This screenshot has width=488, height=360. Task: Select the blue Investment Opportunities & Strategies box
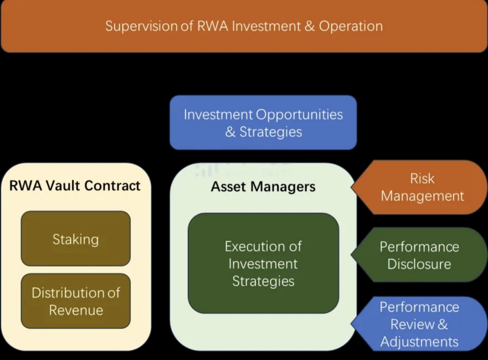coord(263,123)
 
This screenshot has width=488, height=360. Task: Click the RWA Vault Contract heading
coord(75,186)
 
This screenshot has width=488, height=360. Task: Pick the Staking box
coord(76,239)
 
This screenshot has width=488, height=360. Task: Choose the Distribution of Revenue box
coord(76,301)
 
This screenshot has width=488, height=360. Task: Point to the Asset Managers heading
coord(263,187)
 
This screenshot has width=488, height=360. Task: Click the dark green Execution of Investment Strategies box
coord(263,263)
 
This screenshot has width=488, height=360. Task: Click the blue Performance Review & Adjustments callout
coord(419,324)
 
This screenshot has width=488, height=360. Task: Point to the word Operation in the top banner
coord(351,26)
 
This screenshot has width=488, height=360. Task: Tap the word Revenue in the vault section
coord(76,310)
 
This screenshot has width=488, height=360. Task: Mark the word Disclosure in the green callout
coord(419,264)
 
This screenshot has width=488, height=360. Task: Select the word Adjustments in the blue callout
coord(419,341)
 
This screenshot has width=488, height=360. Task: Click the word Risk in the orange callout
coord(422,178)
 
